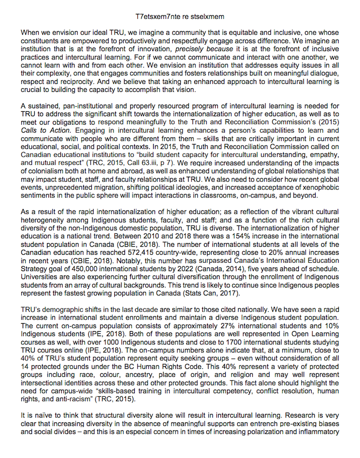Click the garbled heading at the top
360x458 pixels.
[x=180, y=17]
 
